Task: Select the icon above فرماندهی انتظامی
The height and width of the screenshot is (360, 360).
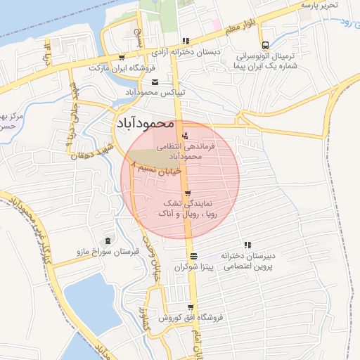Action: point(185,135)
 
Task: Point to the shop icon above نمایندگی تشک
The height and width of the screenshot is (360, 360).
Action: point(187,193)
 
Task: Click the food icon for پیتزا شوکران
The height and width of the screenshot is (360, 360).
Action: point(193,255)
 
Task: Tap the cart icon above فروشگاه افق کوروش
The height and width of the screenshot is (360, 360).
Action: point(186,304)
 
